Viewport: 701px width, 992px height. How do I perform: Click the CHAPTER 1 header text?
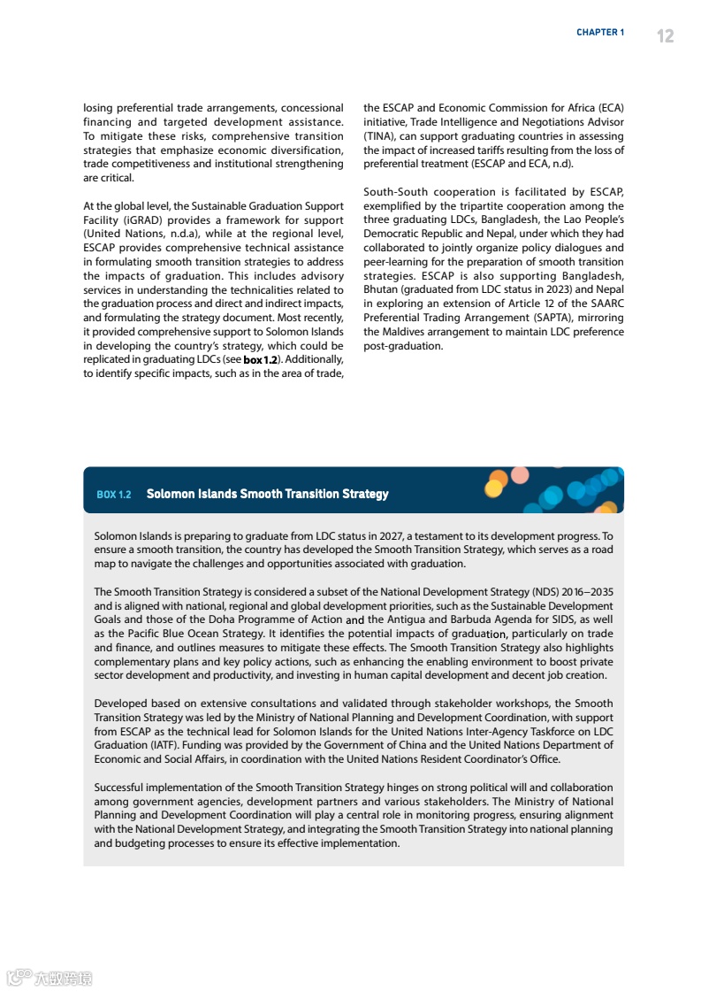coord(600,33)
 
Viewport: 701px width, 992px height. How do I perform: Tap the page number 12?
coord(665,35)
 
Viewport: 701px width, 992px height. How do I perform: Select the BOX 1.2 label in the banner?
coord(114,494)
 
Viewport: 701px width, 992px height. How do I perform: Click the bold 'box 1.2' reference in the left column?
coord(261,360)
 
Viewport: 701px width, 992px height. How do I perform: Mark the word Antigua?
coord(406,619)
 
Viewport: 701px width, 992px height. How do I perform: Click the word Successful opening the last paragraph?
coord(123,788)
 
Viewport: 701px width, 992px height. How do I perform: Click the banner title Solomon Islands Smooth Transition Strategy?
coord(267,494)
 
